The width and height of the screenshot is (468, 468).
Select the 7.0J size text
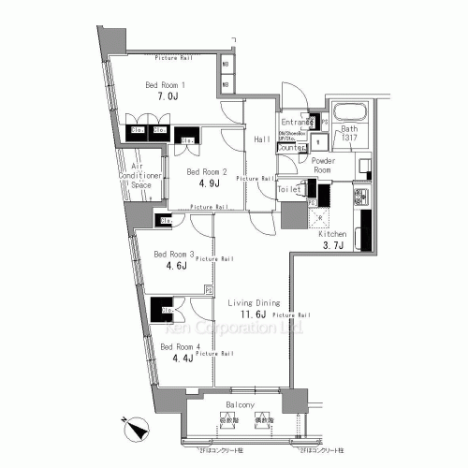166,97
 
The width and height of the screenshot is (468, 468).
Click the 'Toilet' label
291,189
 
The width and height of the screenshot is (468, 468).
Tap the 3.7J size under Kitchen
335,245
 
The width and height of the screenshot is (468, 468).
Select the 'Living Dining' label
255,303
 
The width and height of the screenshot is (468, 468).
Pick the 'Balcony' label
239,406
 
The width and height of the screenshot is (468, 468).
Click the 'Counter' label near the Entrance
293,148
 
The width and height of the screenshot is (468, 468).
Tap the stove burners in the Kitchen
358,198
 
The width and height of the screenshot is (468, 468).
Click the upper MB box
227,67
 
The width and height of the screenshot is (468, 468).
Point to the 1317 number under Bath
349,139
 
